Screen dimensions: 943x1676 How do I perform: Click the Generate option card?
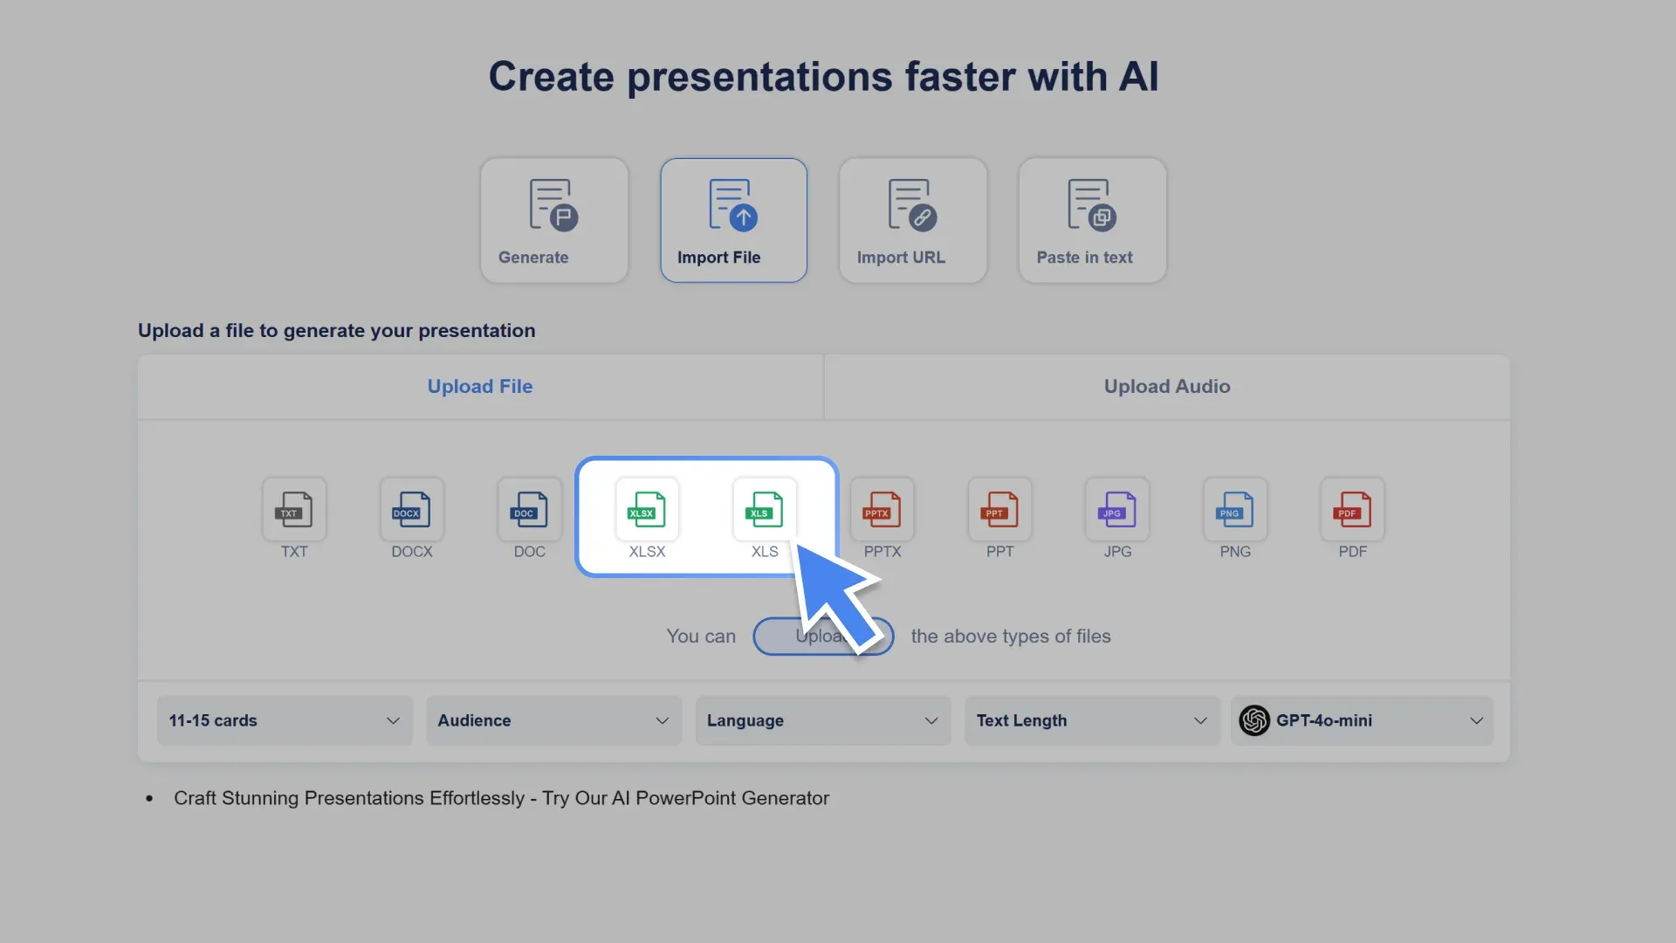point(554,220)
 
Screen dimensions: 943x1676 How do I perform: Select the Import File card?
point(733,220)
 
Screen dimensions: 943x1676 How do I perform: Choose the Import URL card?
point(913,220)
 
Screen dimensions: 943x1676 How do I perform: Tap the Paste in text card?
point(1092,220)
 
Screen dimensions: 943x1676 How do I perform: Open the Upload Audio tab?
point(1166,386)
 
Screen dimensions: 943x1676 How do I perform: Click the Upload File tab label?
point(480,386)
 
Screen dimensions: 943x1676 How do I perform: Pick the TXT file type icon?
point(294,510)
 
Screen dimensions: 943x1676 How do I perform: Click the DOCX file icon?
point(412,510)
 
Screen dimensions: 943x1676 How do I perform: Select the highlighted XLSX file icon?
point(647,510)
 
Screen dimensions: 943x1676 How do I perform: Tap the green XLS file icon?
point(764,510)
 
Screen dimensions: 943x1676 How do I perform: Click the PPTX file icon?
point(883,510)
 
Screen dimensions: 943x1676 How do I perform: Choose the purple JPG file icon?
point(1117,510)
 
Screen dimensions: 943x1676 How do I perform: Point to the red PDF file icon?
point(1352,510)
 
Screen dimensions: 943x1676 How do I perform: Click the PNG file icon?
point(1235,510)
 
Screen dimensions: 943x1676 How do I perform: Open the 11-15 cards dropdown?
point(285,720)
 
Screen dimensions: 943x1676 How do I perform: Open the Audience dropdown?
point(553,720)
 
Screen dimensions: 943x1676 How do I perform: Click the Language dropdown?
point(822,720)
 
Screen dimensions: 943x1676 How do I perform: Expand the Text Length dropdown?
point(1091,720)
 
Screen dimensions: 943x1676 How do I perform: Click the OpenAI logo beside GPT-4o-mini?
point(1254,720)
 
